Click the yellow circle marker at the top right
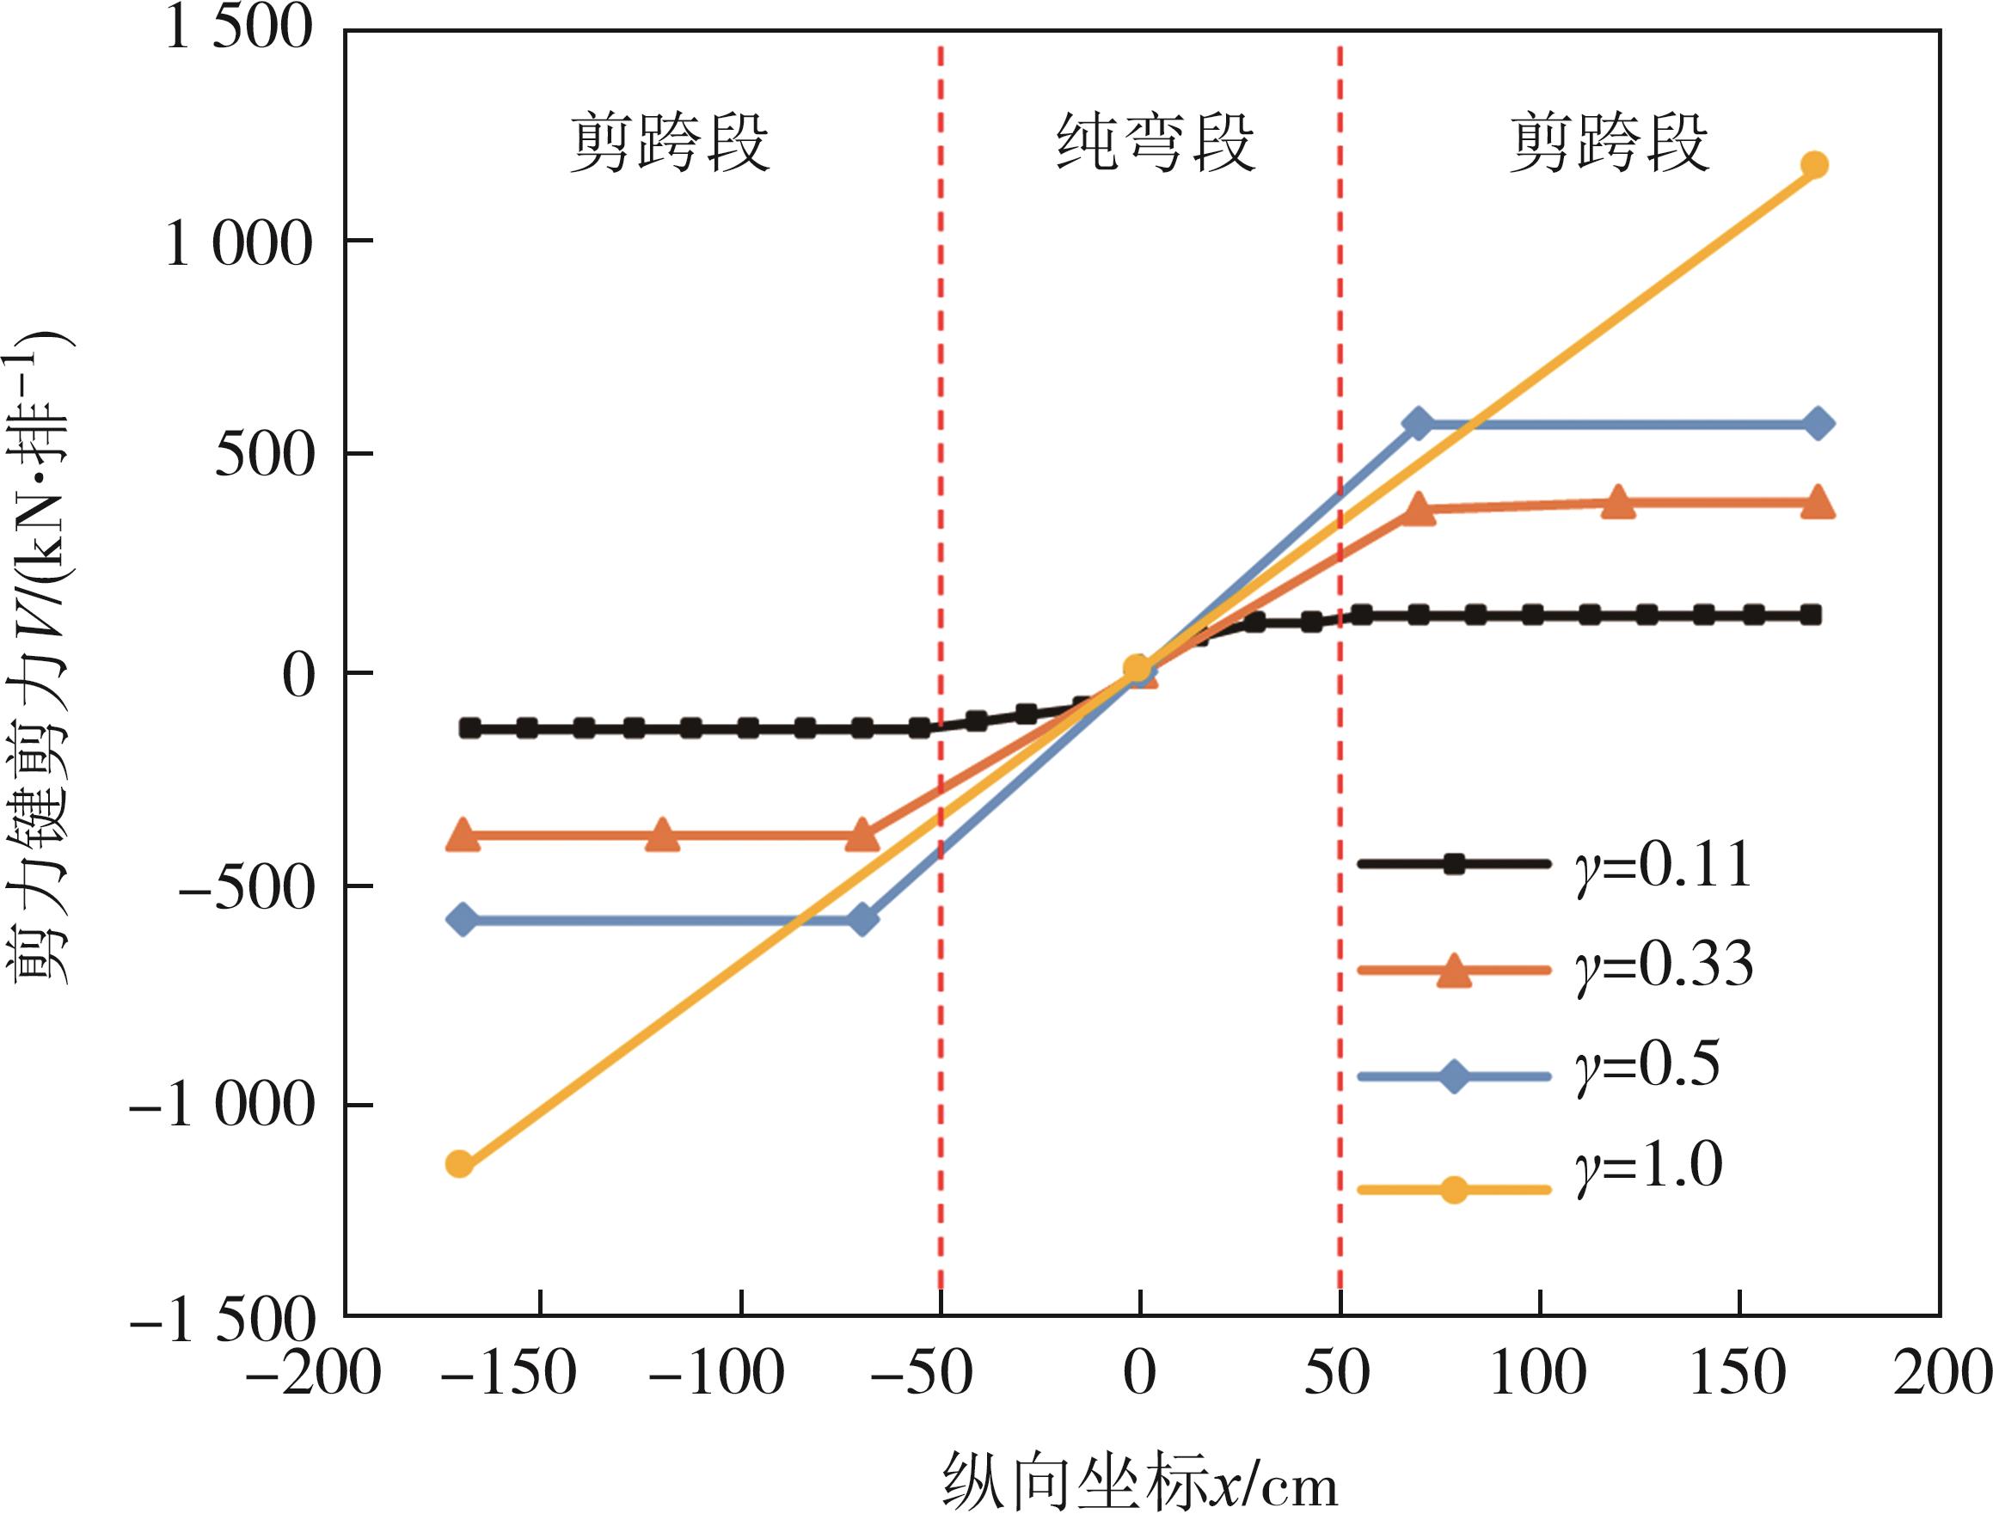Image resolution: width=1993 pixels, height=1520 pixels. pyautogui.click(x=1814, y=165)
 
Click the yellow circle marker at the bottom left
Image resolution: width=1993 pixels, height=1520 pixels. pyautogui.click(x=460, y=1163)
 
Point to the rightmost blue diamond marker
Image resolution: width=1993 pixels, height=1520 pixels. pyautogui.click(x=1818, y=424)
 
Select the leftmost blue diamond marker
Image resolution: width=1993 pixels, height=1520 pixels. pyautogui.click(x=463, y=920)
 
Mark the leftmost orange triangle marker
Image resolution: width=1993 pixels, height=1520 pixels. pyautogui.click(x=463, y=834)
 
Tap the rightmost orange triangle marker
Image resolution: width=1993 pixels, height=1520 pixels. pyautogui.click(x=1818, y=503)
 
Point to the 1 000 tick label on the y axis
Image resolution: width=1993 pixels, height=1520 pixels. pyautogui.click(x=238, y=242)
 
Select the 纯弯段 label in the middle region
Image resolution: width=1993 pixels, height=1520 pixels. pyautogui.click(x=1156, y=143)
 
